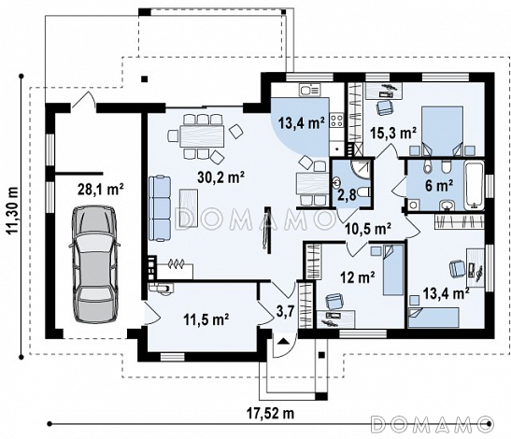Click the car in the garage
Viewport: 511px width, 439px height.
94,264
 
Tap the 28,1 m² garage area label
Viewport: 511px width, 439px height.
100,189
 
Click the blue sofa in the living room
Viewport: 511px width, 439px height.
160,208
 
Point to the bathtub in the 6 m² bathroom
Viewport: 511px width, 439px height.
474,186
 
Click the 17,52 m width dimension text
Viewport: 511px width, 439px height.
270,414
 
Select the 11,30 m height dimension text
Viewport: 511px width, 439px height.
13,211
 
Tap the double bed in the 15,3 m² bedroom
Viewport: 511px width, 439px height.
442,131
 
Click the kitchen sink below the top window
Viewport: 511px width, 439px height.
310,90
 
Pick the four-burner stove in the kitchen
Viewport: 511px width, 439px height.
336,120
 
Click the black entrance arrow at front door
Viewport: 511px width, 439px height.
283,341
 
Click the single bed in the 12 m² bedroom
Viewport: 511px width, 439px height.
393,270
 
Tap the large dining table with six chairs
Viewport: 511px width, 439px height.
202,135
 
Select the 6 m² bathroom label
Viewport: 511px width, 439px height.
439,186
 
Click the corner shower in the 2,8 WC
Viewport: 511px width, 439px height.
361,169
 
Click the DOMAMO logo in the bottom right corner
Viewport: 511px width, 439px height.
433,424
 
